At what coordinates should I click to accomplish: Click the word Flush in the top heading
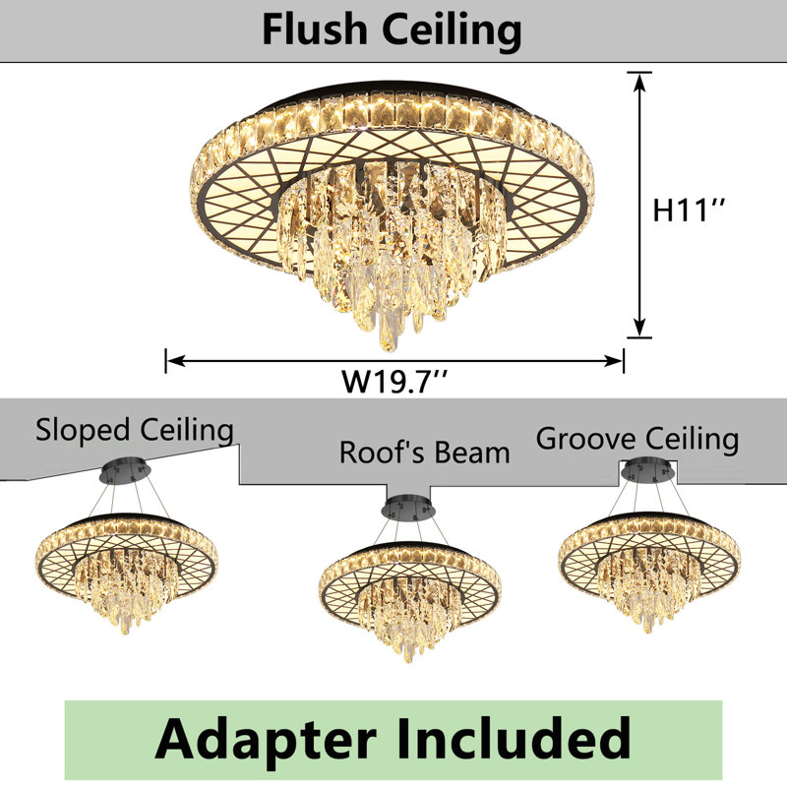315,30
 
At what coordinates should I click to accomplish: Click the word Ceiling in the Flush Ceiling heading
452,32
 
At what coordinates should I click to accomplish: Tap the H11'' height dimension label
688,210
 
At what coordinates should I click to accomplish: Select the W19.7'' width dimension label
394,382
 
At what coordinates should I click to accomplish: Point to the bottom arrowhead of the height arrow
638,328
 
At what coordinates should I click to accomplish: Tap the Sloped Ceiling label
135,431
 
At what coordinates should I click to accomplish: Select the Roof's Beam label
425,453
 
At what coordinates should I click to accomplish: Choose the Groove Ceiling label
637,439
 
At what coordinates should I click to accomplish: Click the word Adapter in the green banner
266,739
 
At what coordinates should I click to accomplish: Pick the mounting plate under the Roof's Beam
408,508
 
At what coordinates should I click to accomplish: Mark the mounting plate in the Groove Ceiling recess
647,470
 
